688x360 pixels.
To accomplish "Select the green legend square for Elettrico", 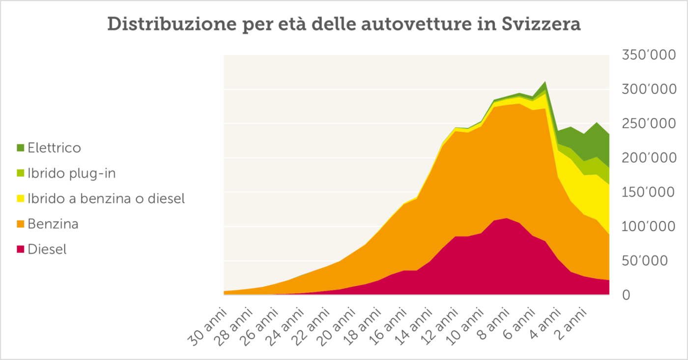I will (21, 148).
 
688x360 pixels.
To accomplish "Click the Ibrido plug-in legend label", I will (72, 173).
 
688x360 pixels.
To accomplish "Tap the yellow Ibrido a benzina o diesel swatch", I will (21, 199).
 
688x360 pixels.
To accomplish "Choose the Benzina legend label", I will (53, 224).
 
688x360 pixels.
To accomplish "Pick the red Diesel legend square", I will (21, 249).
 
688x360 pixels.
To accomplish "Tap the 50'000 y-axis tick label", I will (648, 261).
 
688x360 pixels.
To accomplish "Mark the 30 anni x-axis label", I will (207, 326).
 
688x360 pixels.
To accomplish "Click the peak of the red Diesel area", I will (507, 218).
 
